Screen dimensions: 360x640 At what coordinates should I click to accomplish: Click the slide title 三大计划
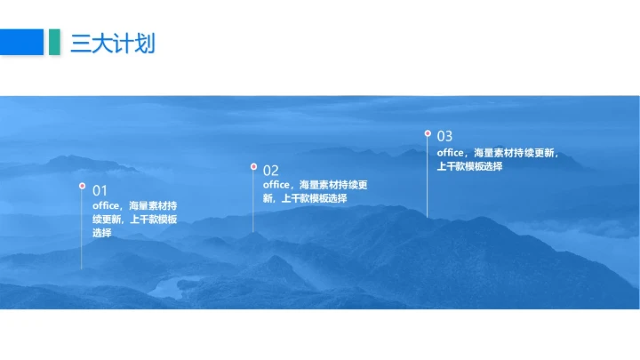coord(113,42)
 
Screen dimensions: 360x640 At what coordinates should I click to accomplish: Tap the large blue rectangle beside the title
coord(21,42)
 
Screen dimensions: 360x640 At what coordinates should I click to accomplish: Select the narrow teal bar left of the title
coord(54,42)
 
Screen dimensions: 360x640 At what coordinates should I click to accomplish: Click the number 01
coord(100,190)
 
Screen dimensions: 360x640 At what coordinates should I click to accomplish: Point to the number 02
coord(271,170)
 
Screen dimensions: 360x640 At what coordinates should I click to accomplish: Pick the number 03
coord(444,136)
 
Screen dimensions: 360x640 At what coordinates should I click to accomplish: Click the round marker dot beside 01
coord(82,186)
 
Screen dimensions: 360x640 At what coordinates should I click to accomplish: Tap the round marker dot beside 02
coord(253,166)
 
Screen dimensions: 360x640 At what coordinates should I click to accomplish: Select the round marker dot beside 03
coord(428,133)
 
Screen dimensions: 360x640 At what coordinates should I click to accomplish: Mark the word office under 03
coord(450,153)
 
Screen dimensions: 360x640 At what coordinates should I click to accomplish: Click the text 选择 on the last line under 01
coord(101,233)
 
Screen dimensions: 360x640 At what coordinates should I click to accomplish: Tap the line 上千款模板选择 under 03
coord(469,166)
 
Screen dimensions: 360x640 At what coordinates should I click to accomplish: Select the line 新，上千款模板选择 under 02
coord(305,198)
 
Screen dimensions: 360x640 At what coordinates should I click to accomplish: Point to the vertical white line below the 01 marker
coord(82,231)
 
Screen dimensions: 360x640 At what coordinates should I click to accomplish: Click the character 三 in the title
coord(81,42)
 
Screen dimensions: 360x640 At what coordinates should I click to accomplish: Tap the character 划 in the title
coord(145,42)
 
